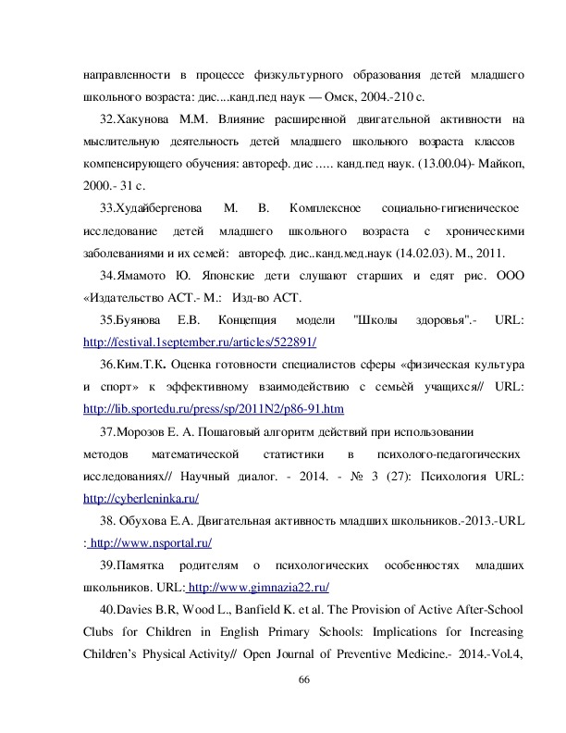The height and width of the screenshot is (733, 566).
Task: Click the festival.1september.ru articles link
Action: pos(200,342)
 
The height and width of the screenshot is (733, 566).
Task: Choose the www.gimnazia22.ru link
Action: pos(259,589)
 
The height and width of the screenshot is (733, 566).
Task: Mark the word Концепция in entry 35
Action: pos(267,320)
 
